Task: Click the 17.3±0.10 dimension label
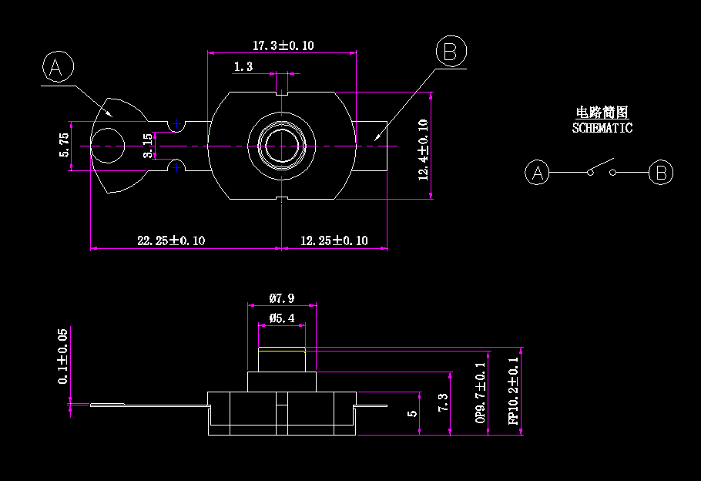(283, 45)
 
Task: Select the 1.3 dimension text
(243, 67)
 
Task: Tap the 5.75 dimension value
(65, 145)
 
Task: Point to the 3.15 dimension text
(148, 145)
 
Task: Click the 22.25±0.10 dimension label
(171, 240)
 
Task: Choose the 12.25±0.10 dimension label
(334, 240)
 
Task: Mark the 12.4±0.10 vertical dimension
(423, 149)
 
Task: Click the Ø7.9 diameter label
(281, 298)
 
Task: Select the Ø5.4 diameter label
(282, 318)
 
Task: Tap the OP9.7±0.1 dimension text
(481, 392)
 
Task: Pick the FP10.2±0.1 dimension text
(513, 390)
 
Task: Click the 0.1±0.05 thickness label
(63, 356)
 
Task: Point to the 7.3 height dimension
(442, 402)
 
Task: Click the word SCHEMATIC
(602, 128)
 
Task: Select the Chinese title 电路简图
(602, 113)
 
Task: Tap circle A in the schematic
(538, 173)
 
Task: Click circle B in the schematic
(661, 173)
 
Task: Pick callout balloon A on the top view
(57, 68)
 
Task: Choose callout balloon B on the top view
(451, 52)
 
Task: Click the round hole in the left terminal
(108, 146)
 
